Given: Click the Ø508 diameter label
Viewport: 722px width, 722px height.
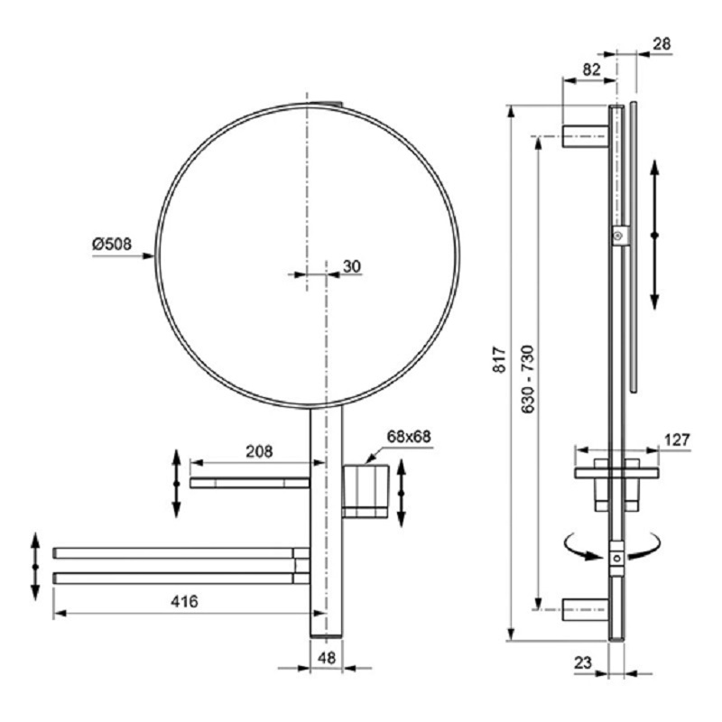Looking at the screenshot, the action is [111, 244].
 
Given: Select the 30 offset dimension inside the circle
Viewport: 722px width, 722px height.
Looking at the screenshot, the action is [352, 266].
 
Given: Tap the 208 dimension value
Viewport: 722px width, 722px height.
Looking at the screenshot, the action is [259, 451].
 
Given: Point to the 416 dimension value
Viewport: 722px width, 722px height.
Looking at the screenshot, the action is [184, 601].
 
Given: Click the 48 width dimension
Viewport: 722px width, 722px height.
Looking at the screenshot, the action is [327, 658].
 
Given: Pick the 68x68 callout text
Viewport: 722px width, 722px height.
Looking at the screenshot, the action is [409, 437].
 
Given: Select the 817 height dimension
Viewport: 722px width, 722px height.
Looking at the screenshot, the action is [500, 360].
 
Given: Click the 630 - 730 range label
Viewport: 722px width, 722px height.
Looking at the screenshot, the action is [528, 378].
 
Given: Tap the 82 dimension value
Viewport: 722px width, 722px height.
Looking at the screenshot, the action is [592, 69].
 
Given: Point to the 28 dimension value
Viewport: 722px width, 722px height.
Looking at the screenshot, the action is [662, 43].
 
